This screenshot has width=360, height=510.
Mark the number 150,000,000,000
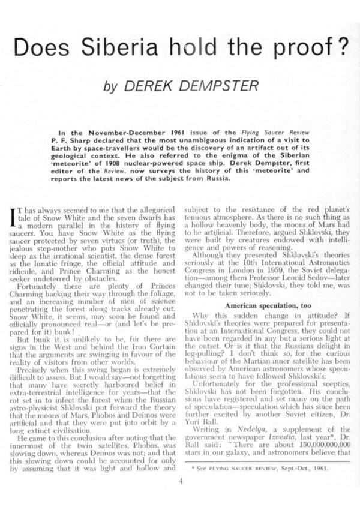311,445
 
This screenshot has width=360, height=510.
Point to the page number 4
179,481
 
